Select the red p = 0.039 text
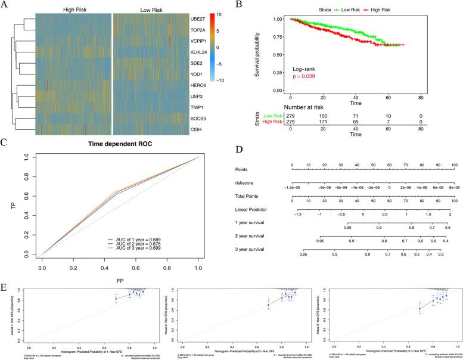point(306,76)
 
